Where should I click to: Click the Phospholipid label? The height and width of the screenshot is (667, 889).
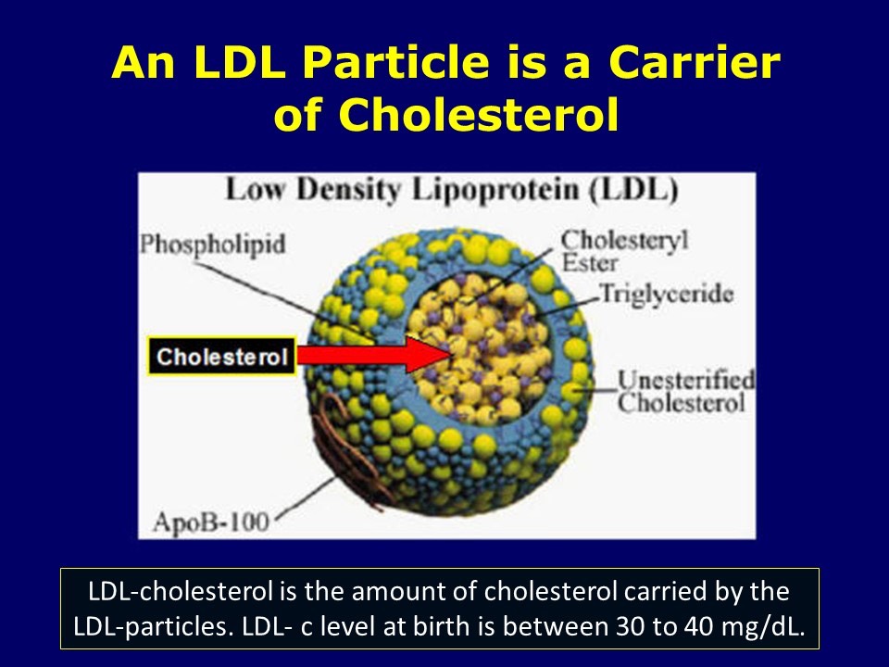(x=212, y=245)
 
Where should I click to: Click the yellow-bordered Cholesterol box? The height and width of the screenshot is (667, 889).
(x=221, y=357)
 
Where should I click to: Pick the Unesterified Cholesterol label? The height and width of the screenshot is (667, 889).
(x=685, y=392)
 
